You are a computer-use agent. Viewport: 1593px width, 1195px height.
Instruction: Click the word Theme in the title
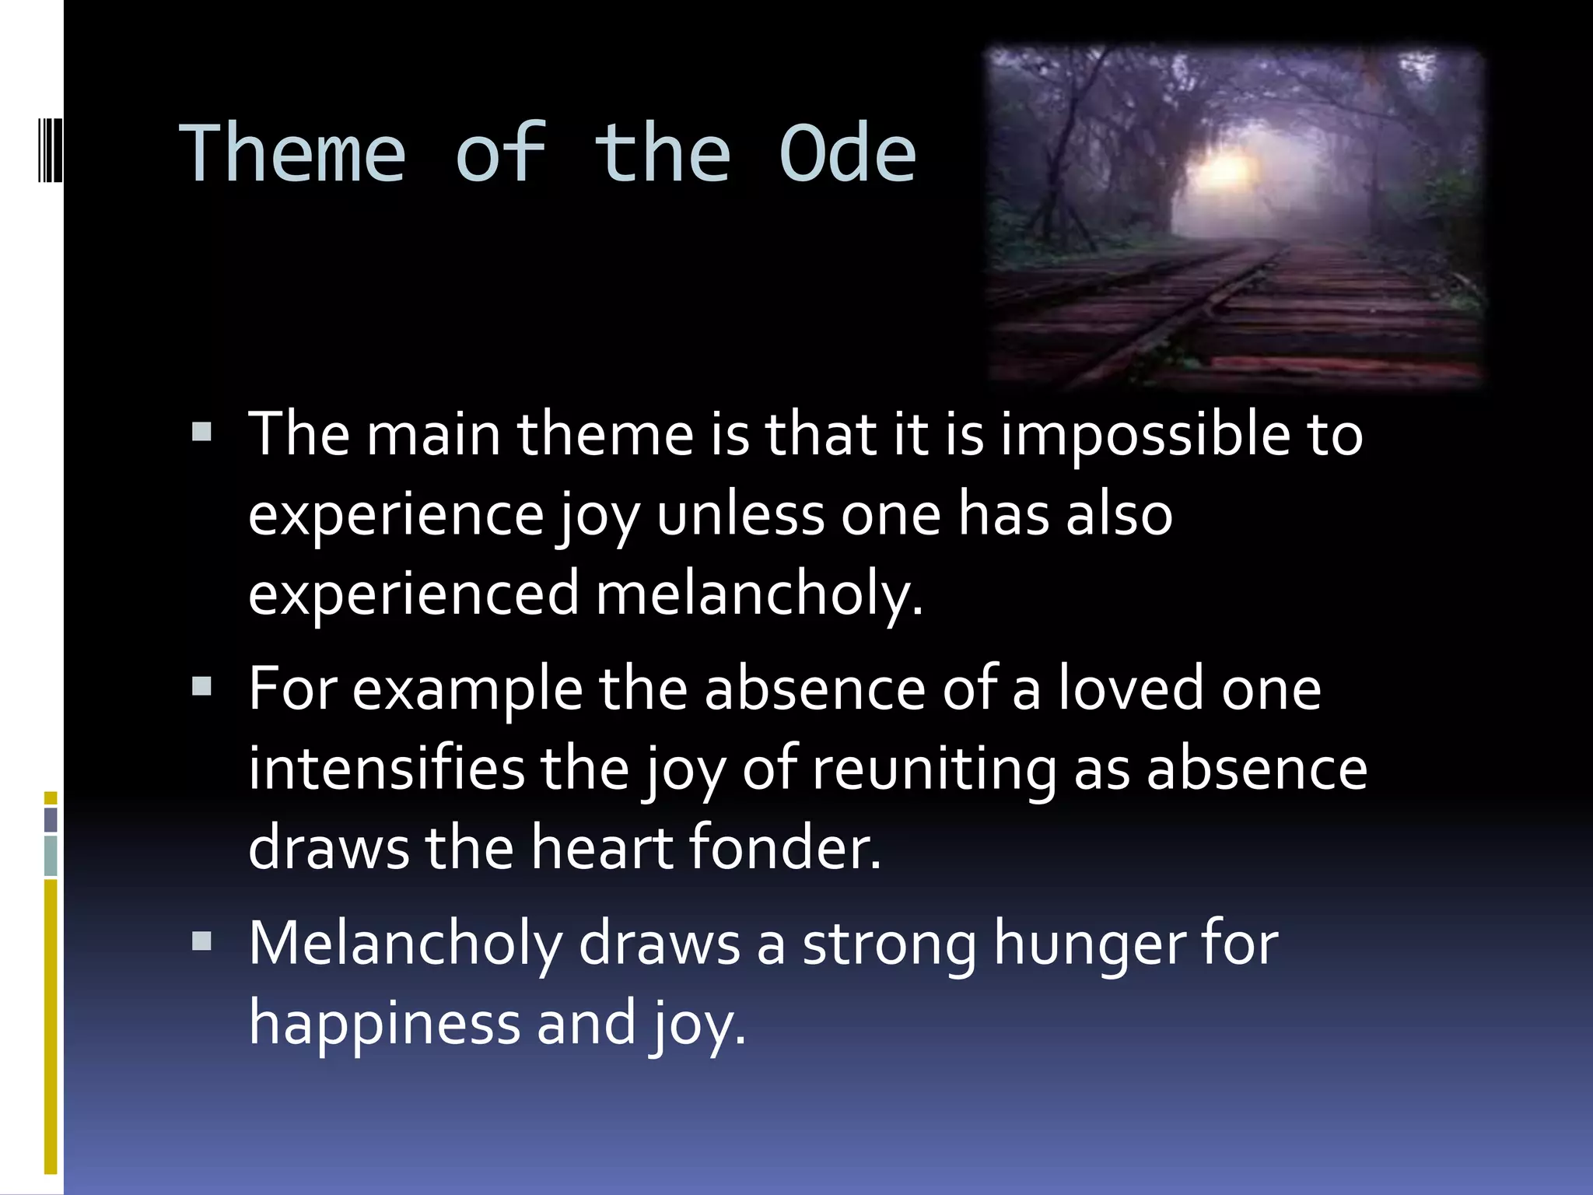point(292,153)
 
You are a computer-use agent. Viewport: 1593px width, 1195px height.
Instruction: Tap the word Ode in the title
point(847,153)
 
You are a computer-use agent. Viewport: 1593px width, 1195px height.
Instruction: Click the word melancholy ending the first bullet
point(758,594)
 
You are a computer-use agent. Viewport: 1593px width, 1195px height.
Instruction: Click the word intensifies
point(387,769)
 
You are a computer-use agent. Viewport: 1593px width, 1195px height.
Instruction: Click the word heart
point(601,847)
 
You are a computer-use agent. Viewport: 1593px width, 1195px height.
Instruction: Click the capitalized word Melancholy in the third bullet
point(405,944)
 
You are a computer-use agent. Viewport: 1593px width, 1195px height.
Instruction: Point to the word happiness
point(384,1024)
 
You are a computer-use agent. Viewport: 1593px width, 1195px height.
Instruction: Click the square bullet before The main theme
point(202,432)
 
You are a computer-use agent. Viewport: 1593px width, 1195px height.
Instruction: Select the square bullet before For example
point(202,686)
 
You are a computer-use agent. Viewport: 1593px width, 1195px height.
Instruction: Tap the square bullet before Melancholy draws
point(202,941)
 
